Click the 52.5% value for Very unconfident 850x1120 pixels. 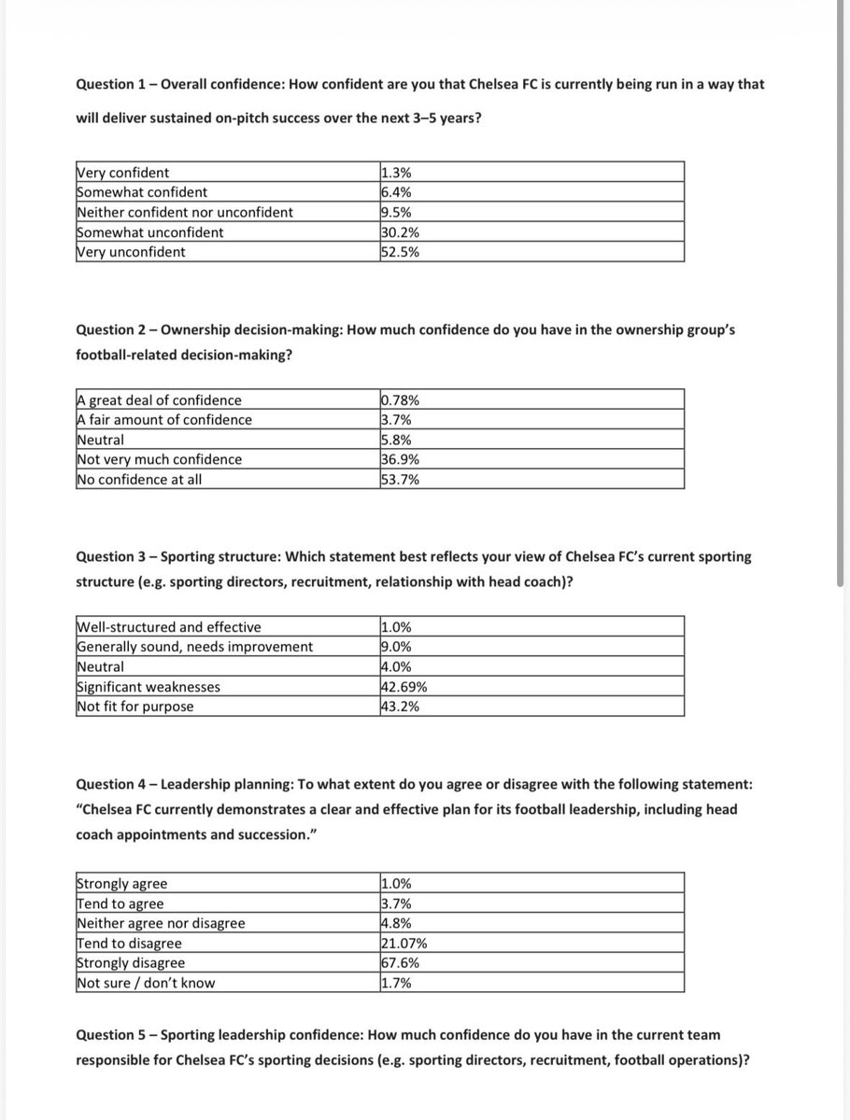coord(401,252)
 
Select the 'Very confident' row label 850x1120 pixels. coord(122,173)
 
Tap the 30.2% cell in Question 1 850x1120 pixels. coord(401,232)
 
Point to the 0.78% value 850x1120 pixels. coord(402,400)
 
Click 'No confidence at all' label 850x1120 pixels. coord(139,480)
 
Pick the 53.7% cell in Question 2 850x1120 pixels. coord(401,480)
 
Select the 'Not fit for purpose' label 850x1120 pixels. coord(135,707)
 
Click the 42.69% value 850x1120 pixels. coord(405,687)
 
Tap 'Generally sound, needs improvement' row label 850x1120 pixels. coord(194,647)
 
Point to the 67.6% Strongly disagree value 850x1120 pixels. coord(401,963)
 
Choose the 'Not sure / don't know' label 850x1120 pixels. coord(146,983)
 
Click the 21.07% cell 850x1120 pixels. coord(405,944)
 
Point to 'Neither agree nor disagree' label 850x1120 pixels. coord(161,924)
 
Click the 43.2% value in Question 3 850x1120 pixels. coord(401,707)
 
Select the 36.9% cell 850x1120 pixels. coord(401,459)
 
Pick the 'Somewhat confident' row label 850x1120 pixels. coord(142,192)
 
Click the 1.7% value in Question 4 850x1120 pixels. coord(397,983)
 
